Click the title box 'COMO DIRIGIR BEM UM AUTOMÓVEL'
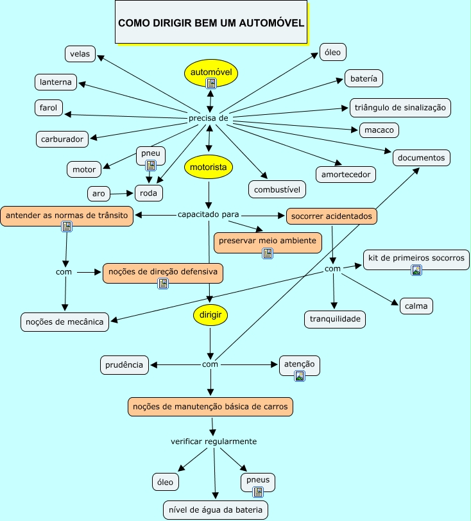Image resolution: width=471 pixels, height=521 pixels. [x=211, y=22]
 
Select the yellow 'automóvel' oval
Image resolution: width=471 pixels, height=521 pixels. [x=211, y=71]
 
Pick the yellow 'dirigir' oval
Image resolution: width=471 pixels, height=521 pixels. [x=210, y=314]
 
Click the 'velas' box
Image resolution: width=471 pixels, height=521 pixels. [x=80, y=54]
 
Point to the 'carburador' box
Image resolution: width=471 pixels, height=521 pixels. [x=62, y=139]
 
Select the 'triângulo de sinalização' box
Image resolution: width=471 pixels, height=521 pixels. [x=400, y=108]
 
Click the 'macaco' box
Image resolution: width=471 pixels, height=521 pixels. [x=379, y=130]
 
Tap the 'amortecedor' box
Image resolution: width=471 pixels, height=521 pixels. [x=346, y=174]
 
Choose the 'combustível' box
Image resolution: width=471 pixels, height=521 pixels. [x=277, y=189]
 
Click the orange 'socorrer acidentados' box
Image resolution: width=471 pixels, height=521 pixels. [x=331, y=216]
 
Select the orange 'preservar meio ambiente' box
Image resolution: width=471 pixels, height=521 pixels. [x=268, y=241]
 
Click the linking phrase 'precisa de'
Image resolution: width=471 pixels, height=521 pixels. [x=209, y=119]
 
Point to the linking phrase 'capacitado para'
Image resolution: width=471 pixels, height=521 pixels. [x=209, y=214]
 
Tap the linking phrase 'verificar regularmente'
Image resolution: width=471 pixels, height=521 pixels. [x=214, y=441]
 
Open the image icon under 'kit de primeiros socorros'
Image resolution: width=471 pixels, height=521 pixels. [x=416, y=270]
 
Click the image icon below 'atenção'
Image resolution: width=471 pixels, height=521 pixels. [x=300, y=376]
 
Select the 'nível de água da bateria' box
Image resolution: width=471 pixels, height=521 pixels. [x=215, y=509]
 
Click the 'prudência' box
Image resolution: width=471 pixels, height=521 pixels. [x=124, y=364]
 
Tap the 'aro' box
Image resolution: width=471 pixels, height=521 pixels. [x=98, y=193]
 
